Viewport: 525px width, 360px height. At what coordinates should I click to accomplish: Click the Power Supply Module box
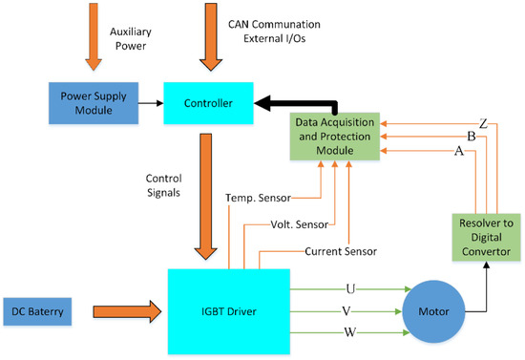[93, 100]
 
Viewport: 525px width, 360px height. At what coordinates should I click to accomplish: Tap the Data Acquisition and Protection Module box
[337, 136]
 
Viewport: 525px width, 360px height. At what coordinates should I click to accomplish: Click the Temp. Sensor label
[260, 199]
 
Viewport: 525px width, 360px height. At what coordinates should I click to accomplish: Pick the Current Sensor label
[340, 250]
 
